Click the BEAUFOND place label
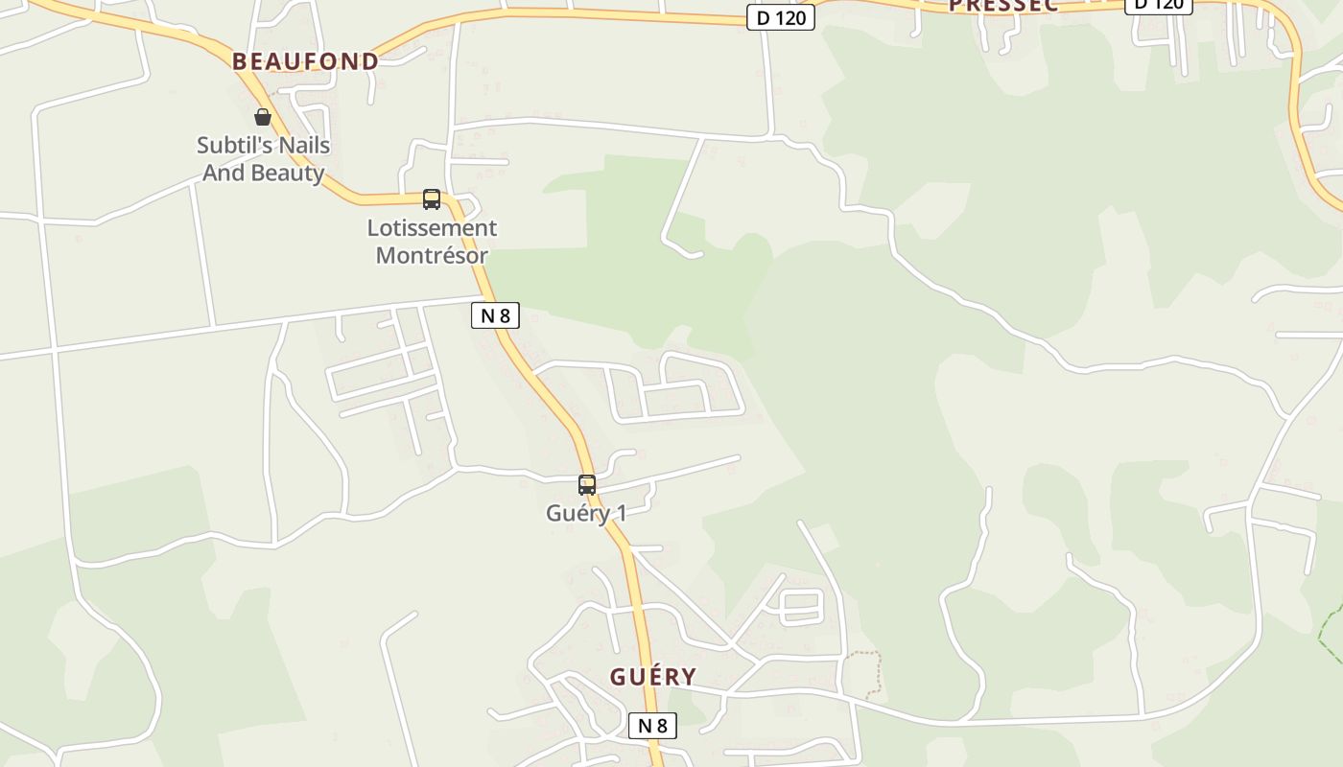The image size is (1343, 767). tap(305, 61)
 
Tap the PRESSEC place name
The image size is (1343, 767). tap(1002, 6)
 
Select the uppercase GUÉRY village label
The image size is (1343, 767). tap(652, 677)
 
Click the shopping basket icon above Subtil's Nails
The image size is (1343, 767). tap(262, 117)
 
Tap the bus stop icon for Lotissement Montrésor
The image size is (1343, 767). tap(432, 199)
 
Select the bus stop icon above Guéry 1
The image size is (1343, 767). tap(587, 485)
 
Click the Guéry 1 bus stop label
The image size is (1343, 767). tap(586, 513)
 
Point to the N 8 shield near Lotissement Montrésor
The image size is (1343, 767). tap(495, 315)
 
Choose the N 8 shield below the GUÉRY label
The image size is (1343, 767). tap(652, 726)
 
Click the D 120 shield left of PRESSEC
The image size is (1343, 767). tap(781, 17)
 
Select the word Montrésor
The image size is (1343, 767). tap(432, 256)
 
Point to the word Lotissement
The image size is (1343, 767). tap(432, 228)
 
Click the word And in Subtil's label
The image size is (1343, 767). tap(223, 174)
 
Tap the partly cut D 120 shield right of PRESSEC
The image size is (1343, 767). tap(1158, 5)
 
